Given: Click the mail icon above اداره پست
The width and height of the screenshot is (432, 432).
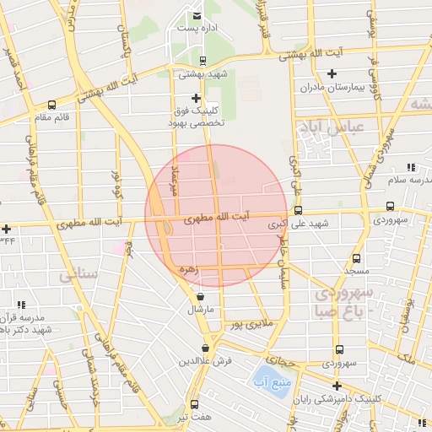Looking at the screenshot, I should pyautogui.click(x=197, y=15).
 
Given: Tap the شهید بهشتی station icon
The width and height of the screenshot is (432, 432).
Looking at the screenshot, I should pyautogui.click(x=202, y=60).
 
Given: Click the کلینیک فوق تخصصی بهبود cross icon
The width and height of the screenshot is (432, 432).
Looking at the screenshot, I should pyautogui.click(x=197, y=98).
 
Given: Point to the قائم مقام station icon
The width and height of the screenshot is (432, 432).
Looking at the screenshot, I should pyautogui.click(x=52, y=105).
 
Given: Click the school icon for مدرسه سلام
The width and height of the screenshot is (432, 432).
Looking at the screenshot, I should pyautogui.click(x=411, y=168).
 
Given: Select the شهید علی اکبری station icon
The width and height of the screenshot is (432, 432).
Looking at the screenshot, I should pyautogui.click(x=298, y=211).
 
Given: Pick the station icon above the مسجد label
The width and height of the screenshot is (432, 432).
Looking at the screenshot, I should pyautogui.click(x=357, y=258).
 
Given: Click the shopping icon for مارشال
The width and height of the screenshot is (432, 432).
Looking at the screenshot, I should pyautogui.click(x=200, y=297).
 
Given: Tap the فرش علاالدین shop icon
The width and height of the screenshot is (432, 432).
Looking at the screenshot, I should pyautogui.click(x=206, y=348).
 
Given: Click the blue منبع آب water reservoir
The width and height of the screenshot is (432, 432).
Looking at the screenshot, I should pyautogui.click(x=269, y=380).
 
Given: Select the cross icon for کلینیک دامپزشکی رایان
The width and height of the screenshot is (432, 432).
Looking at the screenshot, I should pyautogui.click(x=337, y=386).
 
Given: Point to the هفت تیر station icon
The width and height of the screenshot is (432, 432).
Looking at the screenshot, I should pyautogui.click(x=195, y=404).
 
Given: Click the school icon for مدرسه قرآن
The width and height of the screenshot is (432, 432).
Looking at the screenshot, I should pyautogui.click(x=21, y=305).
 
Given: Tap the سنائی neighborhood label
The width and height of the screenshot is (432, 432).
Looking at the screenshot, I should pyautogui.click(x=80, y=276).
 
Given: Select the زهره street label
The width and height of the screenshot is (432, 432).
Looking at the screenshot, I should pyautogui.click(x=187, y=270).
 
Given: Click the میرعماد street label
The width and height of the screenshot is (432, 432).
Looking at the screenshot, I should pyautogui.click(x=175, y=180).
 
